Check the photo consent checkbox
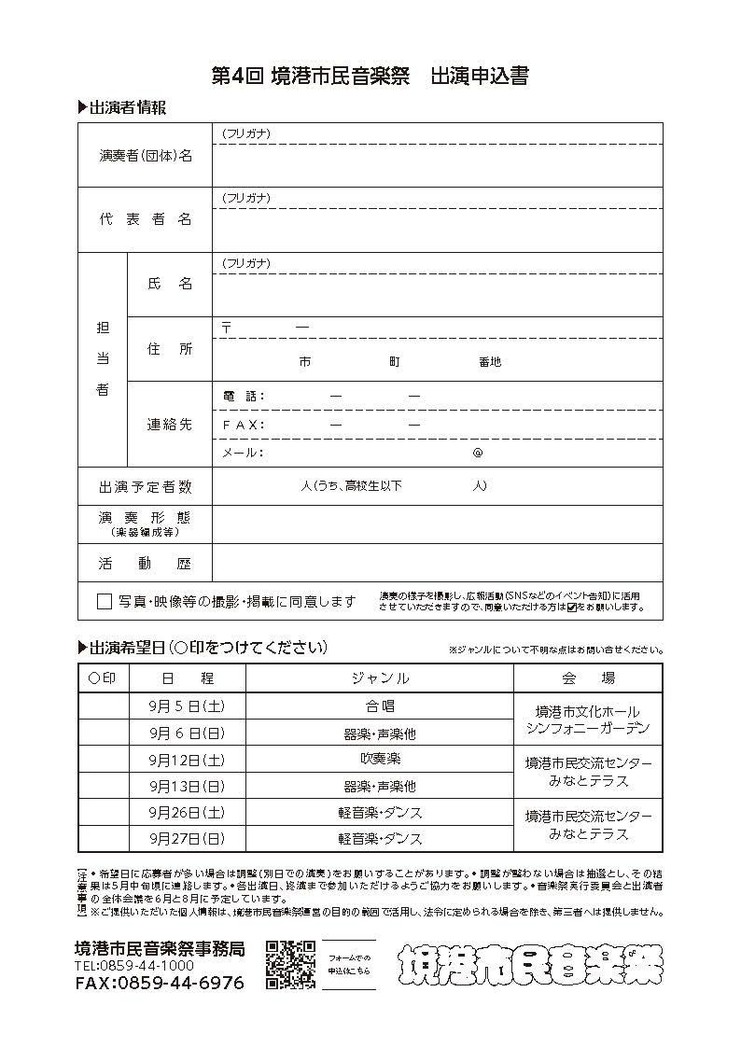pos(105,602)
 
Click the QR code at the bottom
pos(290,964)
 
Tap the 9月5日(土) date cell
pos(187,706)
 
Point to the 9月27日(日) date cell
pos(187,839)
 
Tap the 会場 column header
pos(588,678)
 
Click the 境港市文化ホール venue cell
pos(588,720)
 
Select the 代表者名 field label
pos(146,219)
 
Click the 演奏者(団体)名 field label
pos(146,156)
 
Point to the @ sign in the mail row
pos(478,453)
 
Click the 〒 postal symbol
pos(227,328)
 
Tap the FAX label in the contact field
pos(244,425)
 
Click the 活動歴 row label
pos(146,564)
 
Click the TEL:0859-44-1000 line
pos(134,966)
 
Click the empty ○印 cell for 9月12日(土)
pos(103,760)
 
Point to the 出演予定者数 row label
pos(146,486)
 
